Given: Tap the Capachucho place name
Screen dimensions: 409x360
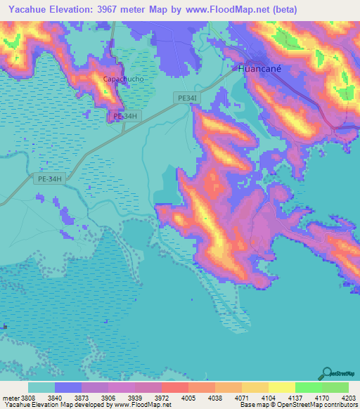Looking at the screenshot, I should click(123, 79).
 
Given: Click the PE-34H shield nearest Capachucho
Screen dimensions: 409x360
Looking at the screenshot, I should click(124, 116).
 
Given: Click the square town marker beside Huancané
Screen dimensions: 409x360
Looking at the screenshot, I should click(235, 68).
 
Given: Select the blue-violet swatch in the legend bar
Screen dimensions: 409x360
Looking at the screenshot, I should click(68, 387).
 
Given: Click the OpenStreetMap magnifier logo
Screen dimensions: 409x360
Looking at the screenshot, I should click(326, 374).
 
